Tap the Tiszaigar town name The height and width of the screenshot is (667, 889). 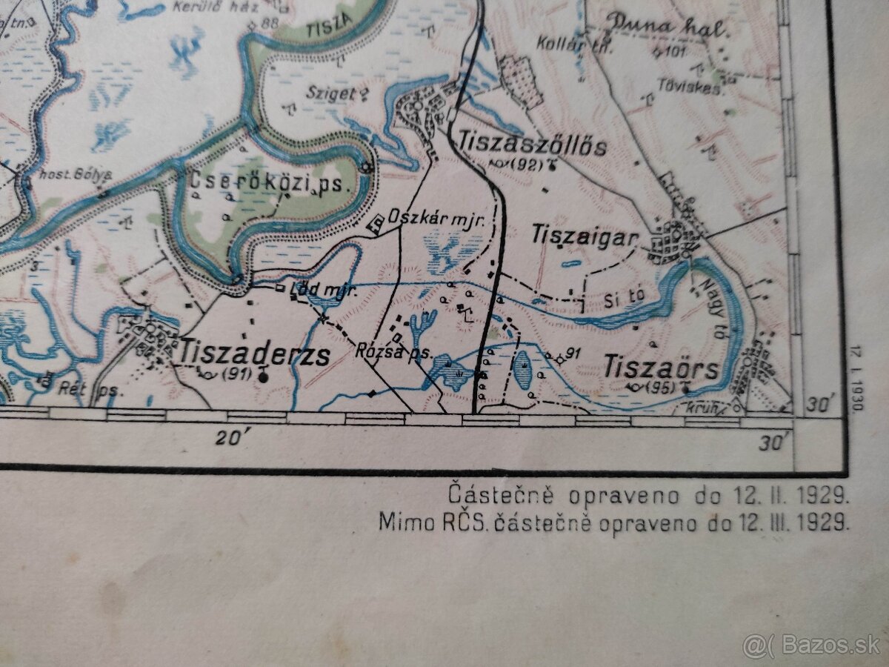(585, 236)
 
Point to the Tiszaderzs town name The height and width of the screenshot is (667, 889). (255, 354)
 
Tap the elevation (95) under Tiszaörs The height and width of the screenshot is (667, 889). (662, 387)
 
